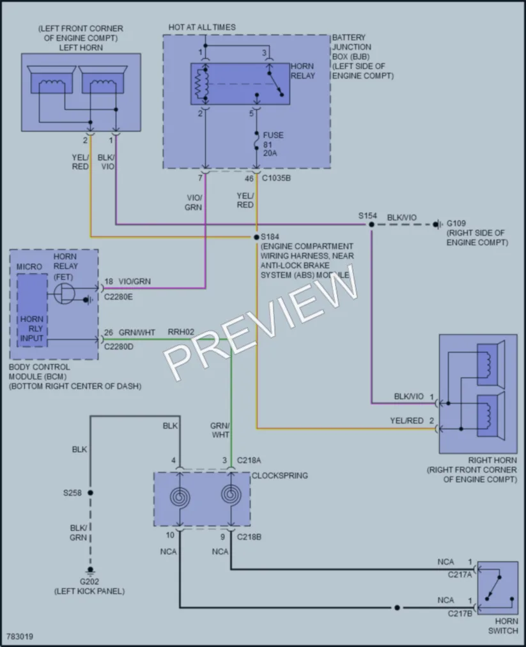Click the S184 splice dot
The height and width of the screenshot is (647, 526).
coord(256,237)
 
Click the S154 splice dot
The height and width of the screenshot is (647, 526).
coord(371,224)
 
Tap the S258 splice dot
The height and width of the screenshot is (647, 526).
coord(90,492)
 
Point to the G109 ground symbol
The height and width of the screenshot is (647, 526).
coord(437,224)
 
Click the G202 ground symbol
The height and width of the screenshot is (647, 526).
coord(90,571)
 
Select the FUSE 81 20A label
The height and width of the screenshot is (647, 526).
coord(273,144)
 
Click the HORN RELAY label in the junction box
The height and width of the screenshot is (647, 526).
coord(303,71)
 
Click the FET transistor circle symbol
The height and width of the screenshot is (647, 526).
coord(65,294)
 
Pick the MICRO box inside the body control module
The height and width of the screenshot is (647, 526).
coord(32,310)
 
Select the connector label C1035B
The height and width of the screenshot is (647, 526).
coord(276,178)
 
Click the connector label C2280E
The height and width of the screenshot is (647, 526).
coord(118,297)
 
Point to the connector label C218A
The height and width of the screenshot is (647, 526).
coord(249,460)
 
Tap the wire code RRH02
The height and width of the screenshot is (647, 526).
coord(181,332)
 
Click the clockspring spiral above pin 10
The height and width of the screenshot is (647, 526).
coord(180,497)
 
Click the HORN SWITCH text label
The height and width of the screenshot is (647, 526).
coord(503,625)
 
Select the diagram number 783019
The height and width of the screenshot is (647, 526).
coord(20,637)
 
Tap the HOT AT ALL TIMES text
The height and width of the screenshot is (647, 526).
coord(202,27)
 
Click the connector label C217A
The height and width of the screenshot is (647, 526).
coord(460,574)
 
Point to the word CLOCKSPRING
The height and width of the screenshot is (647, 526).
coord(280,475)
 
